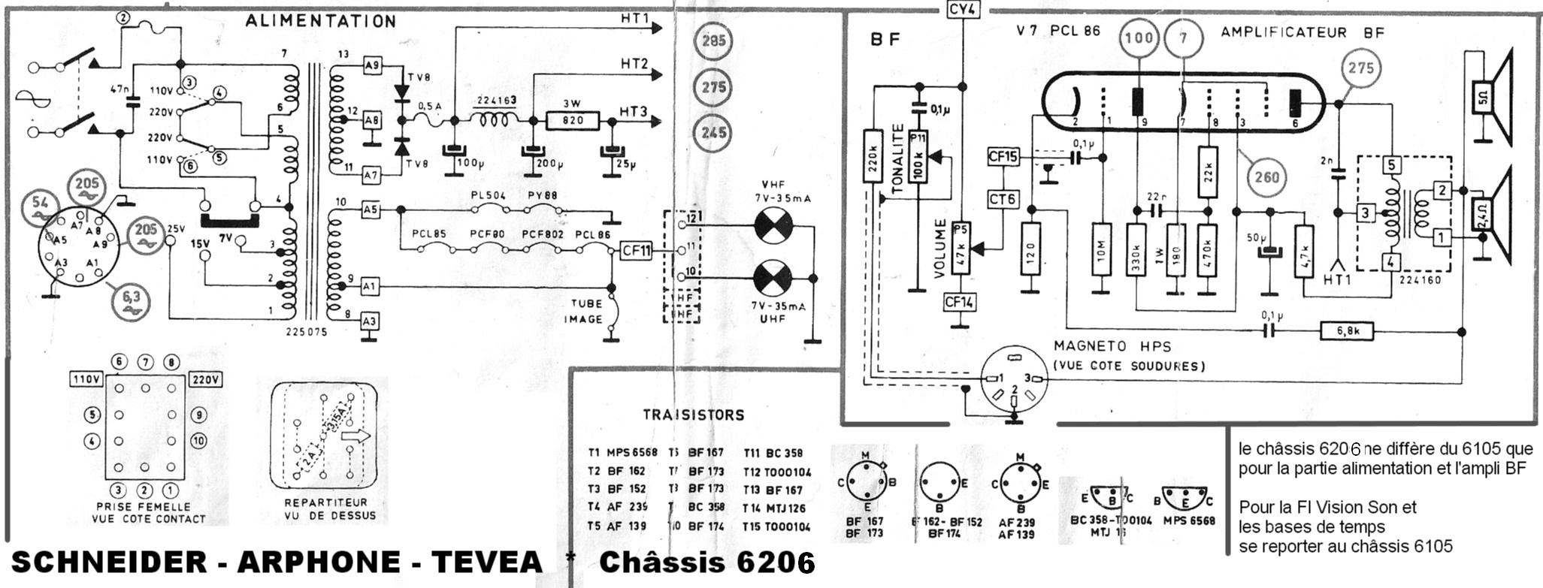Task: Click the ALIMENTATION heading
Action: pos(320,21)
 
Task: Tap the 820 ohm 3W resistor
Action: pos(573,120)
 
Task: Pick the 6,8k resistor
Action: pos(1347,331)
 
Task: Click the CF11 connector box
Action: pos(637,251)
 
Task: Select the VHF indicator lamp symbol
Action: pos(773,227)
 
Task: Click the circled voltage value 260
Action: pos(1266,177)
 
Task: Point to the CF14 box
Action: pos(959,303)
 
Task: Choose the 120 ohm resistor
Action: pos(1030,248)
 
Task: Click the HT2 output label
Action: pos(634,65)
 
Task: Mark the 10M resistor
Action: pos(1102,248)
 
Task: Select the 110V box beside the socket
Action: pos(86,379)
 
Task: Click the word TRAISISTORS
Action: pos(693,415)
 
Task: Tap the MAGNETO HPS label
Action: pos(1112,346)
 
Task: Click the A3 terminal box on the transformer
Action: pos(369,321)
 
